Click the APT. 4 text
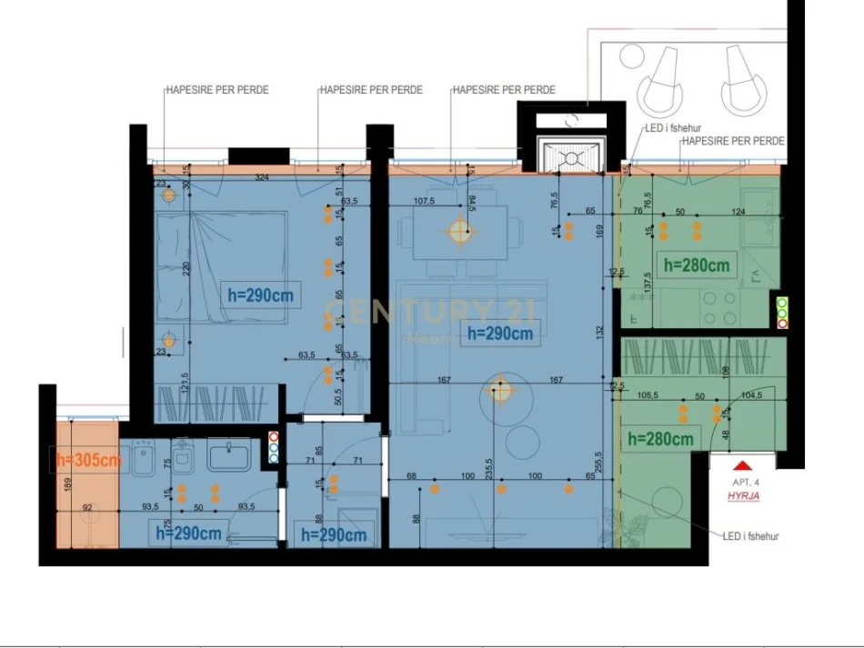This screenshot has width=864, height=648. pyautogui.click(x=746, y=484)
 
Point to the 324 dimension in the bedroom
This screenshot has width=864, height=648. pyautogui.click(x=263, y=176)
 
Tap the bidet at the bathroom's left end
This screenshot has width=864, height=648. pyautogui.click(x=146, y=461)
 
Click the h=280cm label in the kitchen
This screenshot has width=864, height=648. pyautogui.click(x=697, y=265)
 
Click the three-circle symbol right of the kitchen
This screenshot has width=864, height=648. pyautogui.click(x=781, y=311)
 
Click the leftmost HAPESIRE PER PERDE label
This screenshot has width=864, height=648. pyautogui.click(x=216, y=90)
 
